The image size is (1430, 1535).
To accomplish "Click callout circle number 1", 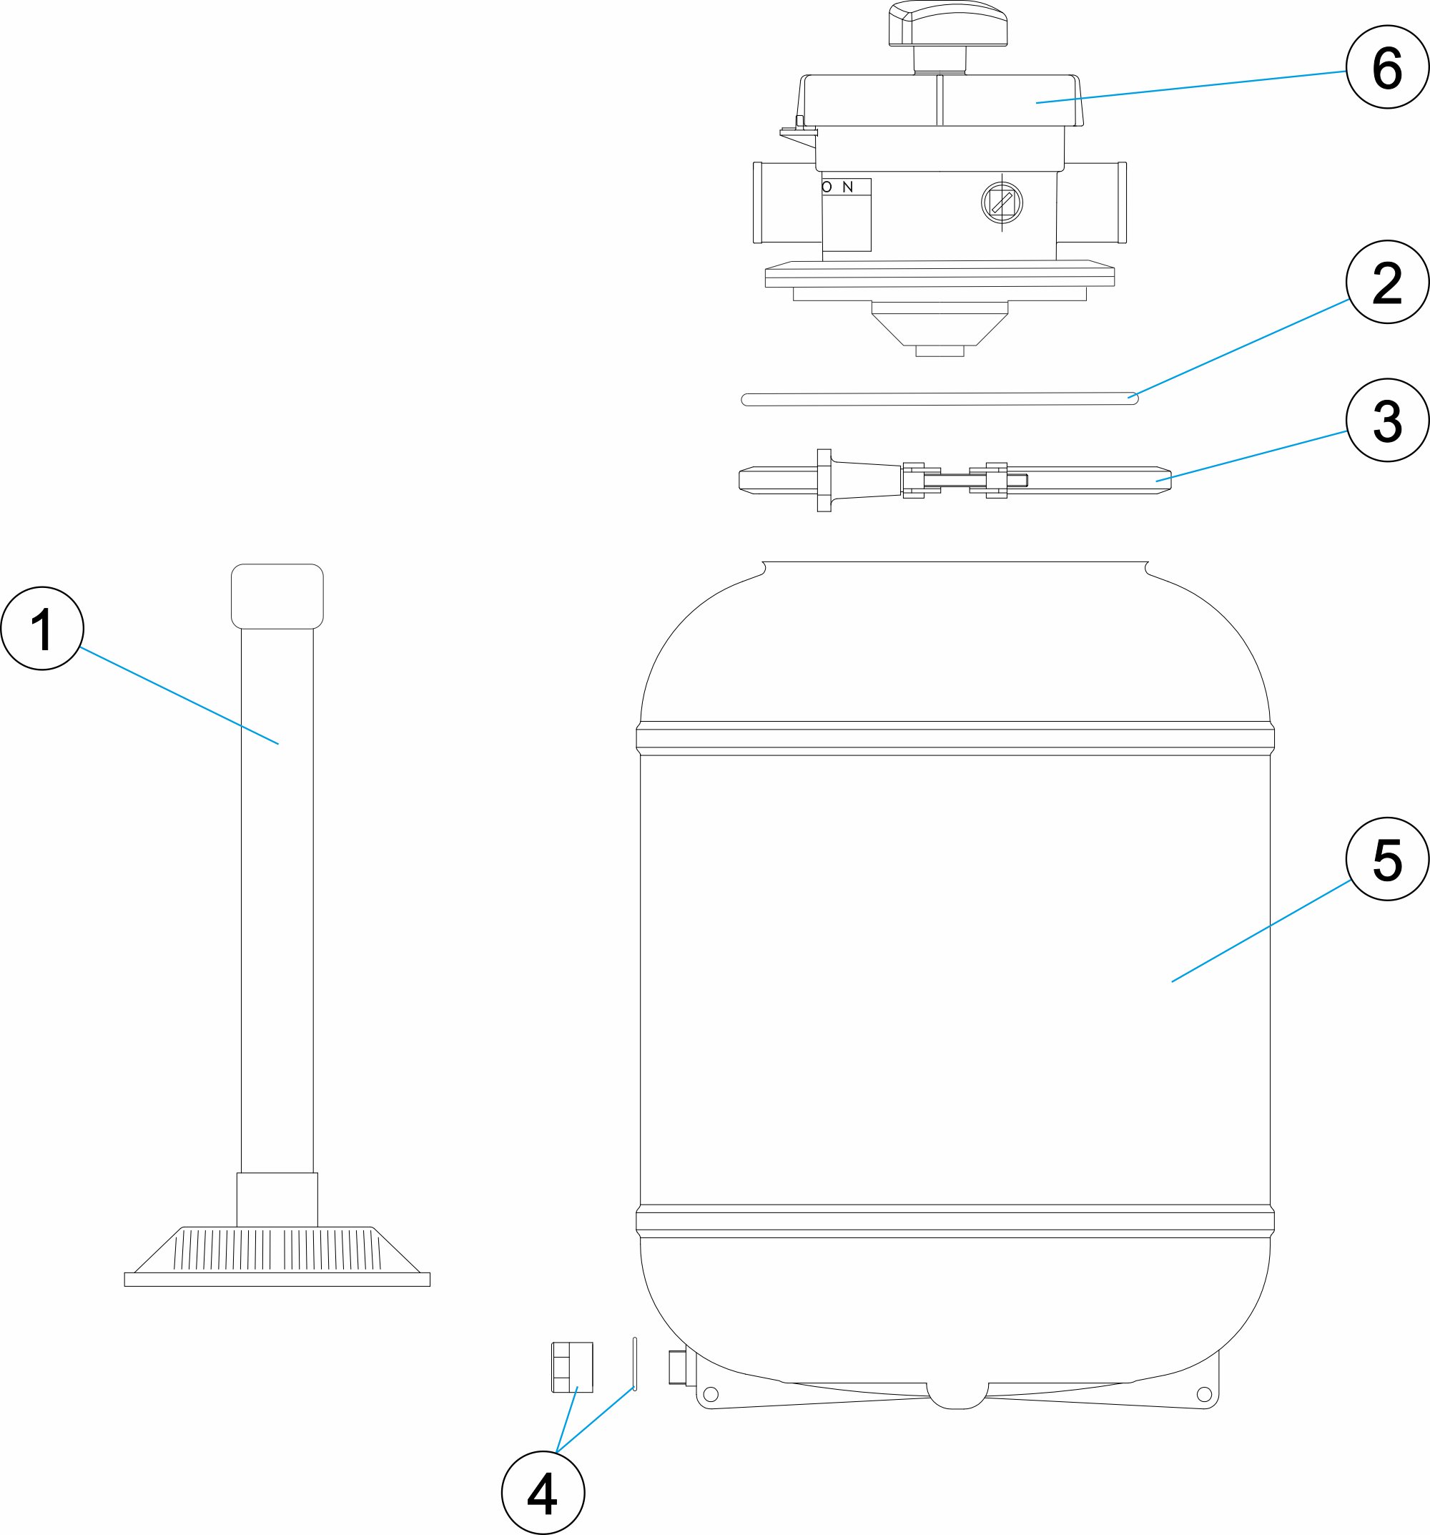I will (41, 629).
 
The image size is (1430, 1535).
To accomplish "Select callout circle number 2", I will (1387, 282).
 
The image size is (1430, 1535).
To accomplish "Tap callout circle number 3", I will (1387, 421).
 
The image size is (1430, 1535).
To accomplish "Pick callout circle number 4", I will (543, 1493).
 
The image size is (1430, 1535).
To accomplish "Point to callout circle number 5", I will (1387, 858).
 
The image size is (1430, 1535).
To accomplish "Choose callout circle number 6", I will (1387, 67).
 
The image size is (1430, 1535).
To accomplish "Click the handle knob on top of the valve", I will (947, 25).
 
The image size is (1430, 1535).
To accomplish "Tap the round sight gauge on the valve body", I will (1001, 203).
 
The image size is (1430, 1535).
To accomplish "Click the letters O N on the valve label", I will (837, 187).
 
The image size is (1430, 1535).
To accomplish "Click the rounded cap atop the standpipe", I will (277, 596).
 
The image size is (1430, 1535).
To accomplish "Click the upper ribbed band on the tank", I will (955, 737).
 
